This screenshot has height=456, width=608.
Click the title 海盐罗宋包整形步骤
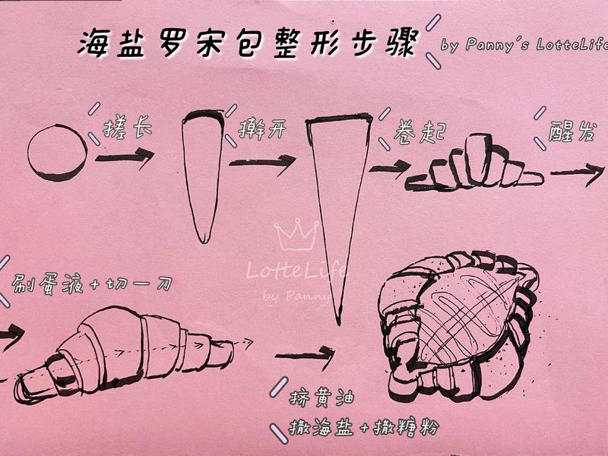point(247,43)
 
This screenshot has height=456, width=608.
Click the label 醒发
point(572,131)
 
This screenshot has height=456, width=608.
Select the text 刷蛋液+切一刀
point(91,284)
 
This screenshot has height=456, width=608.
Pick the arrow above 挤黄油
point(305,354)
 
